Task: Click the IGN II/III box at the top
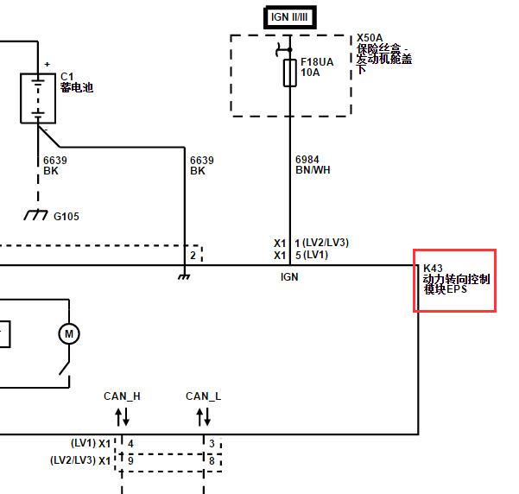click(289, 17)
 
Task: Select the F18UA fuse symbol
click(290, 73)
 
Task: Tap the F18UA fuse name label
click(317, 62)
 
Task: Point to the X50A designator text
click(370, 38)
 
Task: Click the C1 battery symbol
click(38, 98)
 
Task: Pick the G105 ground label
click(66, 217)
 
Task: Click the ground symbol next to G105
click(35, 215)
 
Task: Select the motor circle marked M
click(69, 333)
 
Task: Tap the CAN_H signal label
click(122, 396)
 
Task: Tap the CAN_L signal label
click(203, 396)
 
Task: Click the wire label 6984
click(307, 160)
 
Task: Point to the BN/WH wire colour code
click(313, 170)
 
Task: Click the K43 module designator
click(433, 269)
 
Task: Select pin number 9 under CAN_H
click(130, 460)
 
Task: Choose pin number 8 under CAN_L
click(212, 460)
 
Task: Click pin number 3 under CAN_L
click(212, 443)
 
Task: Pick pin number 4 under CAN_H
click(130, 443)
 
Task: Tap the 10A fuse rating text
click(310, 73)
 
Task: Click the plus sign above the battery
click(47, 64)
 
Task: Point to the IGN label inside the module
click(289, 277)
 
